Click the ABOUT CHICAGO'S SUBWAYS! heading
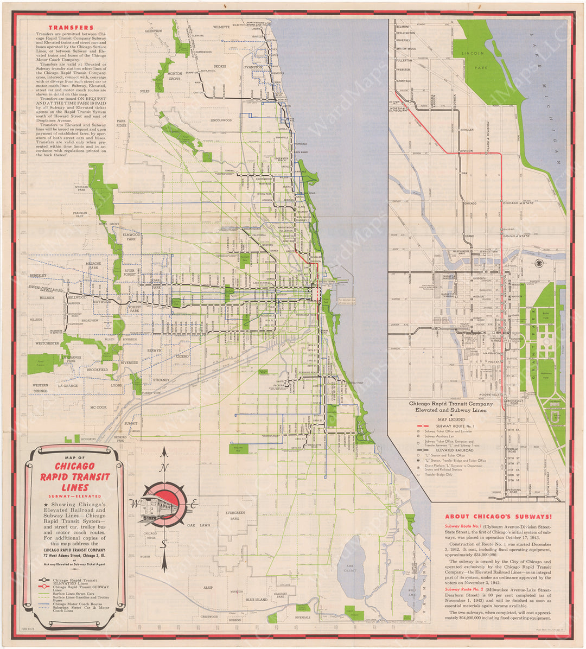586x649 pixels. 498,517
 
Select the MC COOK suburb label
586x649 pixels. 98,407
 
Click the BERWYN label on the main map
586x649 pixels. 155,351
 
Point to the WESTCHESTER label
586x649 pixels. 48,343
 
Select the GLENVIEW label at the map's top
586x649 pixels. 154,31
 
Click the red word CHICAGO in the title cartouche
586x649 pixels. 75,466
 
